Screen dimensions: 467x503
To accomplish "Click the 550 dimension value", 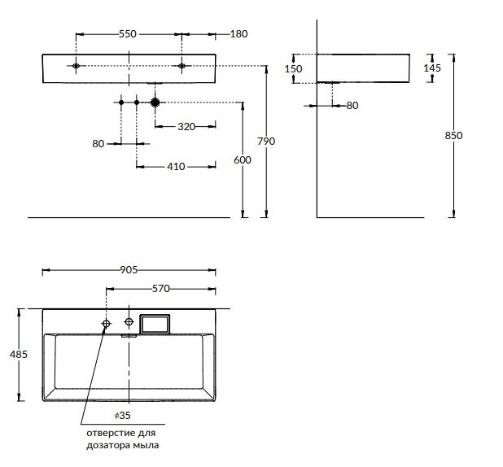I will pyautogui.click(x=129, y=34).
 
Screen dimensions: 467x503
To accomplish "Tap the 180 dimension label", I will pyautogui.click(x=238, y=34).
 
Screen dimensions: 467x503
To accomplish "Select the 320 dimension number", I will pyautogui.click(x=186, y=126).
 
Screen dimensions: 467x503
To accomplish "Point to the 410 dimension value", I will pyautogui.click(x=176, y=167).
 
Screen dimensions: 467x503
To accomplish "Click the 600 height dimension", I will pyautogui.click(x=243, y=160).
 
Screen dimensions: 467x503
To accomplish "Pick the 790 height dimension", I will pyautogui.click(x=266, y=142).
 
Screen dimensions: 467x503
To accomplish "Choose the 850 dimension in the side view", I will pyautogui.click(x=453, y=135).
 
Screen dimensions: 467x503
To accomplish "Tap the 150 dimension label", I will pyautogui.click(x=293, y=69).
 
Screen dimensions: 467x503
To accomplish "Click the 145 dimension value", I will pyautogui.click(x=432, y=68).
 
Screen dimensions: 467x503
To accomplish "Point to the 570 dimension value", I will pyautogui.click(x=160, y=288).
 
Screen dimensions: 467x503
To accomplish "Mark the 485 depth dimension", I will pyautogui.click(x=20, y=354).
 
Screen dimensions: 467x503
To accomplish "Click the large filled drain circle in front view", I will pyautogui.click(x=154, y=103).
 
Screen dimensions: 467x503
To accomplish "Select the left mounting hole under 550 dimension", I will pyautogui.click(x=76, y=65).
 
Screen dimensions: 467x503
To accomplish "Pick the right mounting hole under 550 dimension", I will pyautogui.click(x=182, y=65).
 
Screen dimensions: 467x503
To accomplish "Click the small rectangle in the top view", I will pyautogui.click(x=155, y=324).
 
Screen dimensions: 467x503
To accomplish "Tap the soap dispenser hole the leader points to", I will pyautogui.click(x=106, y=324).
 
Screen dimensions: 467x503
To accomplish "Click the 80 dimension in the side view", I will pyautogui.click(x=352, y=105).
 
